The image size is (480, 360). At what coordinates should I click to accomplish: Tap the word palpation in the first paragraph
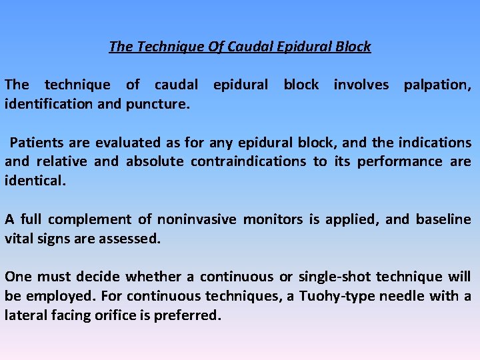pyautogui.click(x=436, y=85)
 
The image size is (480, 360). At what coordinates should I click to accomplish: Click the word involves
pyautogui.click(x=361, y=85)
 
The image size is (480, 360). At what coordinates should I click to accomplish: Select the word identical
pyautogui.click(x=35, y=180)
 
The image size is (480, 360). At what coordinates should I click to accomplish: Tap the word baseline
pyautogui.click(x=443, y=219)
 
